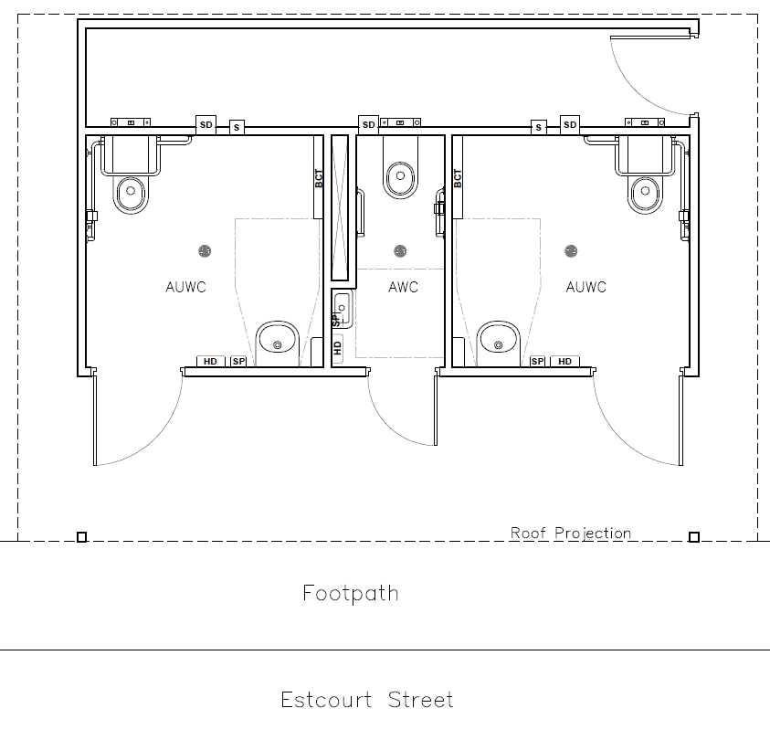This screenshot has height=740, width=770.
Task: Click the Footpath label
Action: (x=351, y=593)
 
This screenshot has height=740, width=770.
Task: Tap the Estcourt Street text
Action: (x=366, y=701)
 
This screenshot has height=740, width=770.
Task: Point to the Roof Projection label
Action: (x=570, y=533)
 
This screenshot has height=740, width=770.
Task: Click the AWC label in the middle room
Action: (x=403, y=287)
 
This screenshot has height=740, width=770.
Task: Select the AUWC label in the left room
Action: (x=185, y=287)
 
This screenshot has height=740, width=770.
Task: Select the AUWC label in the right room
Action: (x=585, y=287)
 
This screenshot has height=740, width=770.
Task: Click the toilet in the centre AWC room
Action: (x=399, y=176)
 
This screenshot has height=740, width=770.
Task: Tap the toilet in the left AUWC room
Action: (x=132, y=192)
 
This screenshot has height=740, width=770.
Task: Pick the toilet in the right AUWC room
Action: (x=645, y=192)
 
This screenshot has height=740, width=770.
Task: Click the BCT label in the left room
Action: (x=319, y=178)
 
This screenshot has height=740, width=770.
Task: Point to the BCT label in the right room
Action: (x=458, y=178)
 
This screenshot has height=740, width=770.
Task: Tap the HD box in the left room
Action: (x=210, y=362)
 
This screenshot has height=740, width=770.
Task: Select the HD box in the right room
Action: (x=564, y=362)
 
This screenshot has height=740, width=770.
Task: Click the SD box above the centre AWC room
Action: (x=368, y=124)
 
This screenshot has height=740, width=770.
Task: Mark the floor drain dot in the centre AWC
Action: (x=399, y=250)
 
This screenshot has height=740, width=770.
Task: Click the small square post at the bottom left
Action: (x=81, y=537)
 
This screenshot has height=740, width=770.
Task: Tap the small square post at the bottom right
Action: (x=693, y=537)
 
